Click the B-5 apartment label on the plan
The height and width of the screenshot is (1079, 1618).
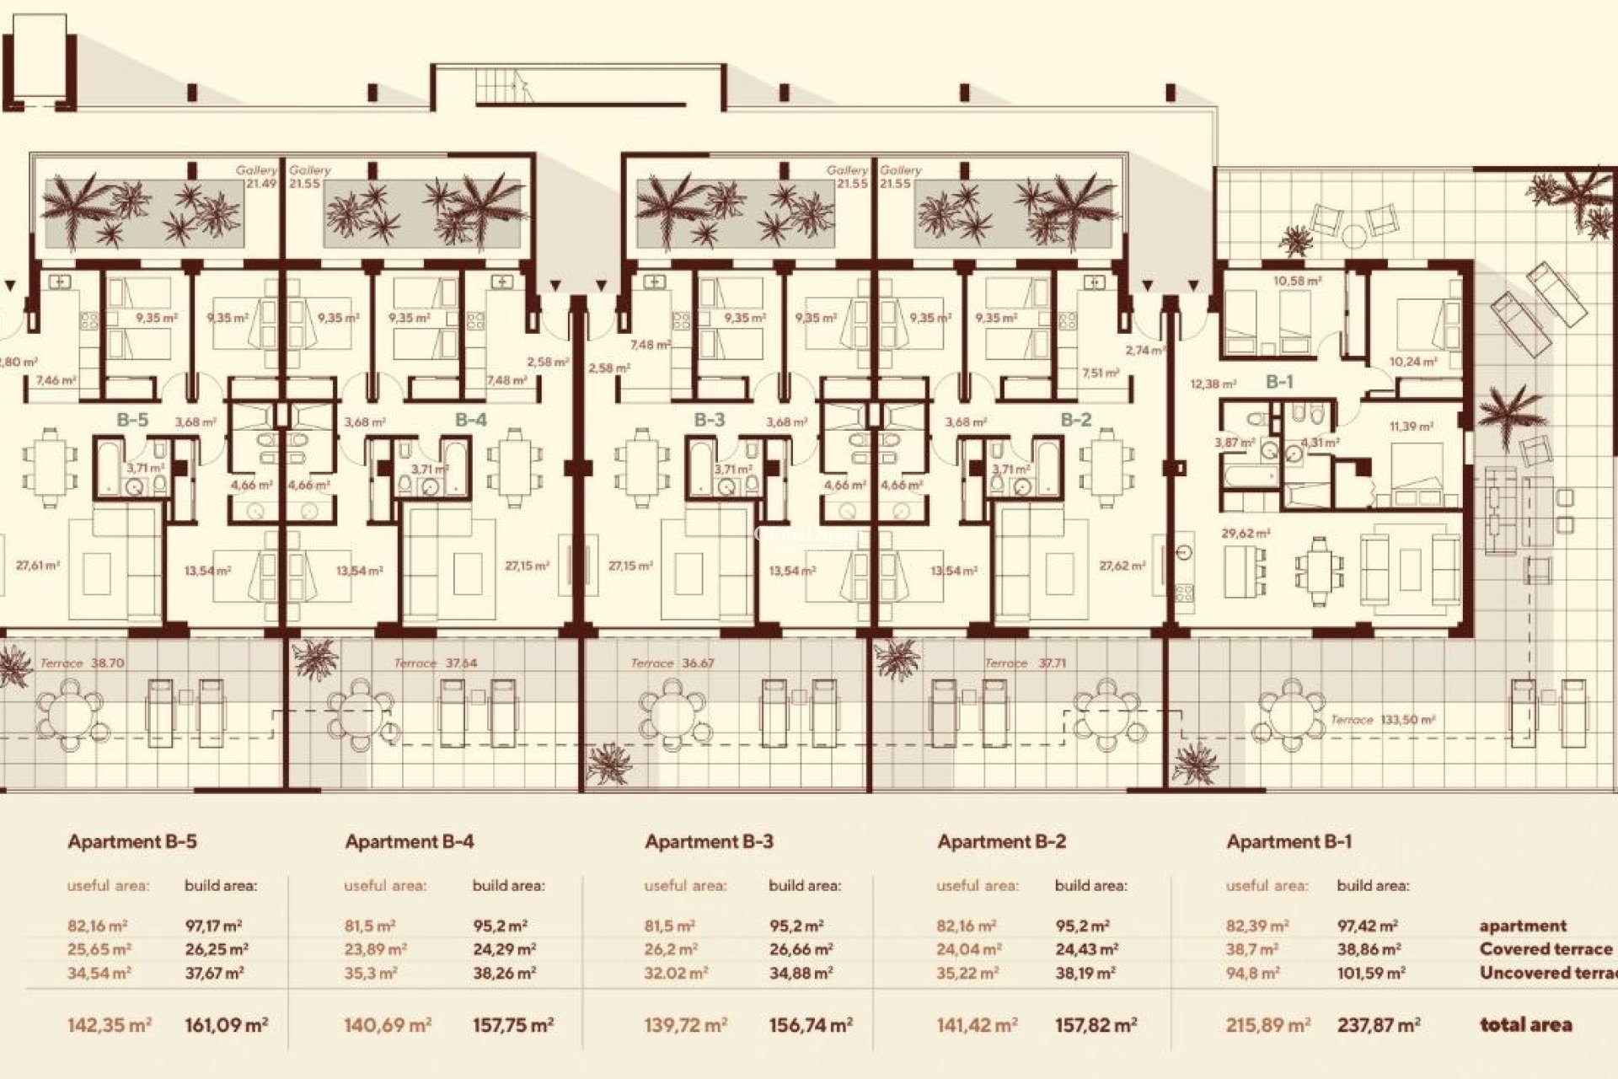pos(133,420)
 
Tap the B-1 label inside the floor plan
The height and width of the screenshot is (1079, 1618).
pos(1278,382)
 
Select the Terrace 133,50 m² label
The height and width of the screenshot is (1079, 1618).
pos(1382,720)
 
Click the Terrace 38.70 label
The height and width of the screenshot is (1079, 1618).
pos(82,663)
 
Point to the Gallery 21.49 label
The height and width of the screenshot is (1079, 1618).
pos(256,177)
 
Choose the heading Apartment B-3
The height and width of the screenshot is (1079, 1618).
pos(709,841)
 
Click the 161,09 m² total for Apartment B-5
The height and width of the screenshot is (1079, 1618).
pos(226,1025)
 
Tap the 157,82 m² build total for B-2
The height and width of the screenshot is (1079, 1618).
pos(1096,1025)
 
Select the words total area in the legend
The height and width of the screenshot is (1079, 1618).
pos(1525,1025)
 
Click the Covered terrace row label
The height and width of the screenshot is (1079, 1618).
pos(1546,949)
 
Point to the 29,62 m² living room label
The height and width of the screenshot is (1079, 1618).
pos(1246,534)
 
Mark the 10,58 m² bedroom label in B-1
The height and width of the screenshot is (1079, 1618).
pos(1297,281)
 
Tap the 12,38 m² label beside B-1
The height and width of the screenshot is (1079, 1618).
pos(1213,384)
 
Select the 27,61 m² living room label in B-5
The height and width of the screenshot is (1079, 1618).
pos(38,566)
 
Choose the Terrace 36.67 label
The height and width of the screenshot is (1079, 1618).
pos(672,663)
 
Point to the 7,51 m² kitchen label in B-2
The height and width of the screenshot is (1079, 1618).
pos(1100,373)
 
